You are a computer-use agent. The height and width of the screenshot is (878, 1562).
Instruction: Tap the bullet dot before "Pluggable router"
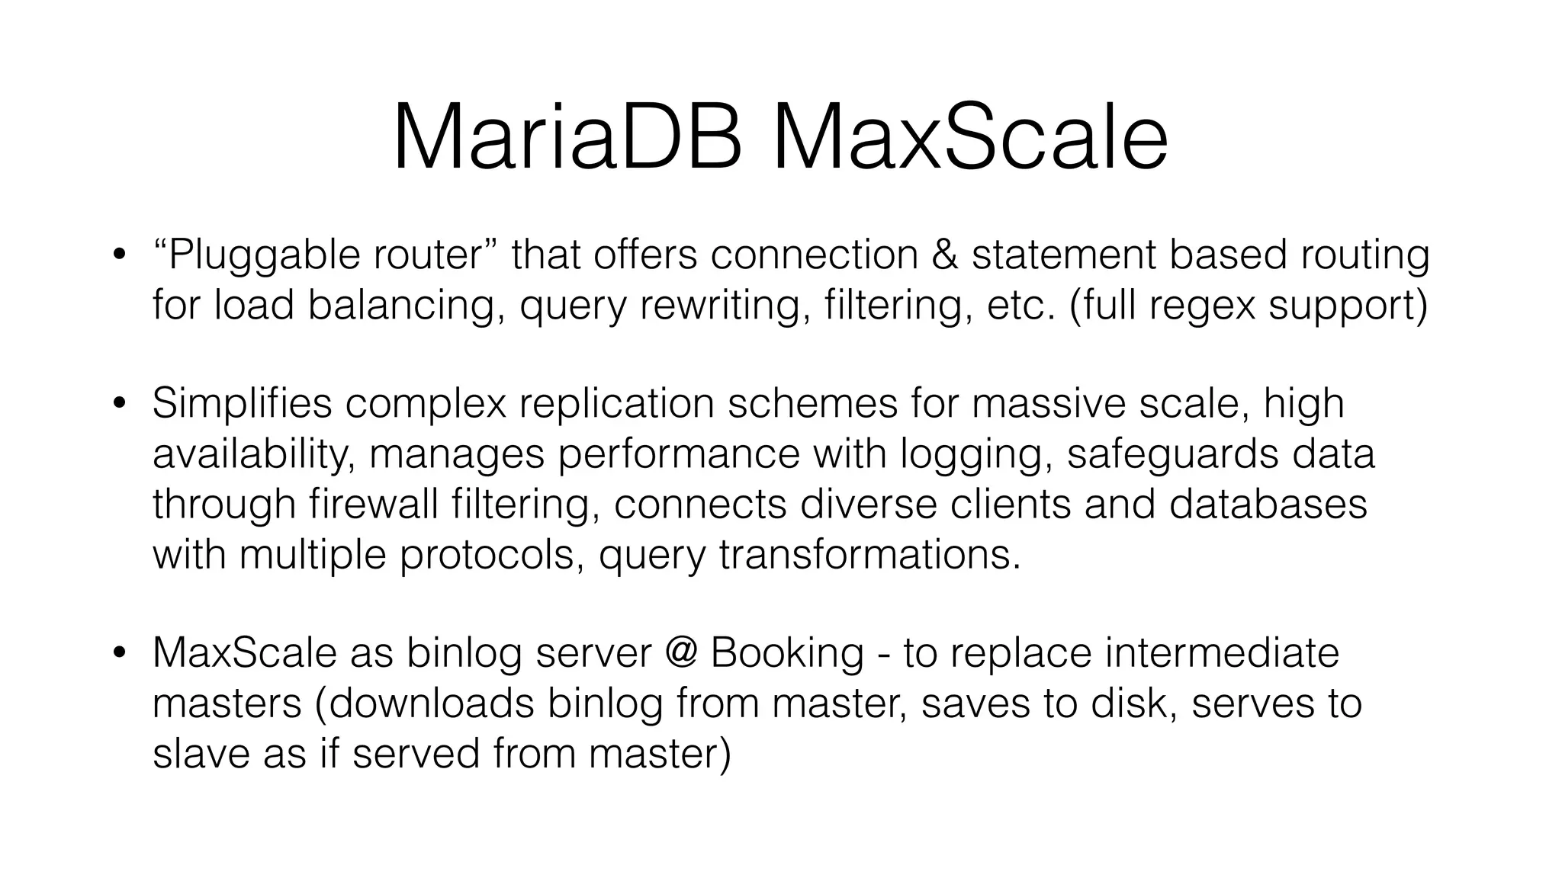(x=118, y=255)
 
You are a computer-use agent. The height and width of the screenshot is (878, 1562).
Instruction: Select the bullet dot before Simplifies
(x=118, y=404)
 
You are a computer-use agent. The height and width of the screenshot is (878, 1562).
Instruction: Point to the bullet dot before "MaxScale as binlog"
(x=118, y=653)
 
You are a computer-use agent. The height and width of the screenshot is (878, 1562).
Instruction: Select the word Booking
(x=787, y=654)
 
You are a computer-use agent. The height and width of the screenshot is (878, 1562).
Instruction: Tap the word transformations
(x=869, y=554)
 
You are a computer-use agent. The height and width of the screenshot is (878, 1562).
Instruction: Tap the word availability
(x=253, y=454)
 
